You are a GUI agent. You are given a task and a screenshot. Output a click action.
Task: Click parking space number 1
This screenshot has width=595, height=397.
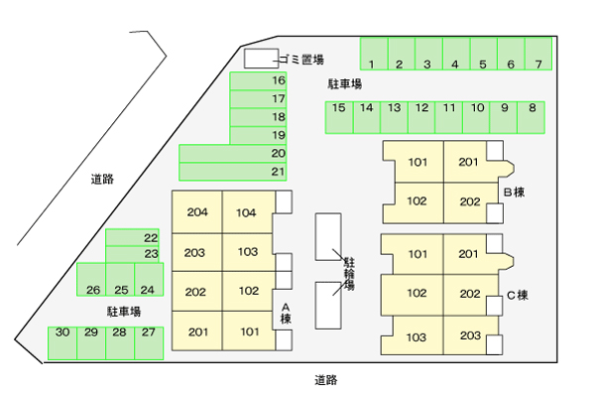tap(372, 55)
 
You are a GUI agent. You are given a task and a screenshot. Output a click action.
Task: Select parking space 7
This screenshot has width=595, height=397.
tap(537, 55)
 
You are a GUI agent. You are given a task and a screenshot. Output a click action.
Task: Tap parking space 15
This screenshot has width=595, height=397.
tap(339, 117)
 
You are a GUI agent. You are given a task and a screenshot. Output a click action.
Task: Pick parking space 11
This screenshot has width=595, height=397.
tap(449, 117)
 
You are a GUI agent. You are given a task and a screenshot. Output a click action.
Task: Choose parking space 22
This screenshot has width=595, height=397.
tap(133, 237)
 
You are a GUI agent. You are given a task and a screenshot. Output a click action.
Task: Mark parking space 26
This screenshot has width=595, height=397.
tap(92, 280)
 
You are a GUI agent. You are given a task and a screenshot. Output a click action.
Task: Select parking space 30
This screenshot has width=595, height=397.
tap(62, 342)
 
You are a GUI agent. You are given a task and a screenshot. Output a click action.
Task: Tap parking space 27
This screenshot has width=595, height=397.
tap(147, 342)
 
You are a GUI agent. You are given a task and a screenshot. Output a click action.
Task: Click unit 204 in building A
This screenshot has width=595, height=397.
tap(196, 212)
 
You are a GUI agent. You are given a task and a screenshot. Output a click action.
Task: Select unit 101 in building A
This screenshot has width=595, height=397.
tap(247, 331)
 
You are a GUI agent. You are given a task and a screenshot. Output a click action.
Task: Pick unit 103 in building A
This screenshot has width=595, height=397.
tap(247, 252)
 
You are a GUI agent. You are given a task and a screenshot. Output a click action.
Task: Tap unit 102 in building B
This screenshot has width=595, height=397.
tap(416, 201)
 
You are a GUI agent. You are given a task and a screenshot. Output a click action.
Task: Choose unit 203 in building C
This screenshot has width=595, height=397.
tap(469, 336)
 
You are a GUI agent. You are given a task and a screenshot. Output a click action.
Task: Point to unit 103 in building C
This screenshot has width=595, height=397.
tap(416, 336)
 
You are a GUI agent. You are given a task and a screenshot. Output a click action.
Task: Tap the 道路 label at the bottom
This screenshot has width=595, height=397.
tap(327, 379)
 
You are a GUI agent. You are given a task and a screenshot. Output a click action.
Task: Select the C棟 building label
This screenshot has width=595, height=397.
tap(517, 295)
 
